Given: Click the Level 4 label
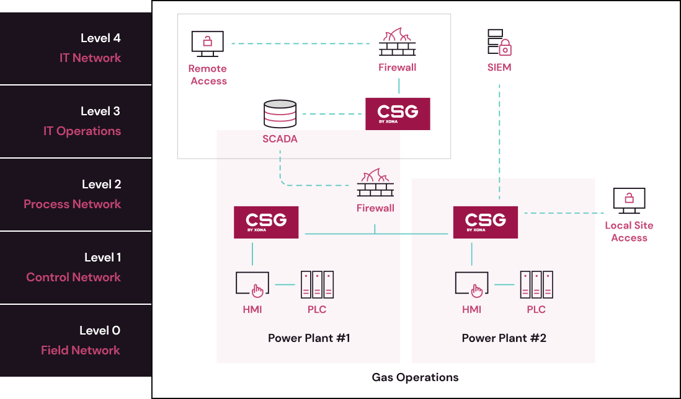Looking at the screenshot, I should click(100, 38).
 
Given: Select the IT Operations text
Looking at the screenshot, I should click(82, 131).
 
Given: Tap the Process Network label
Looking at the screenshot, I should click(72, 204).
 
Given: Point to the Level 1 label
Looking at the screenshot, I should click(102, 258).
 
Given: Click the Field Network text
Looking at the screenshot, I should click(81, 351).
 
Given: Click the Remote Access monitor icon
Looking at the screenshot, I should click(207, 44).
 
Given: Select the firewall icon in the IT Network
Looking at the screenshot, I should click(398, 42).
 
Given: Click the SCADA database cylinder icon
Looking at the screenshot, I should click(280, 114).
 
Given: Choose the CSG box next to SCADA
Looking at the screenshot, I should click(398, 113).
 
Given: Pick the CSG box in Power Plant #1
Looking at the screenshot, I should click(266, 222).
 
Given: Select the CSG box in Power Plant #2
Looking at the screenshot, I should click(485, 222).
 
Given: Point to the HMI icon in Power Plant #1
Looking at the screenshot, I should click(252, 283).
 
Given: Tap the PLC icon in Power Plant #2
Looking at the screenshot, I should click(536, 284).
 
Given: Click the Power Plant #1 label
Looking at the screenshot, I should click(309, 338).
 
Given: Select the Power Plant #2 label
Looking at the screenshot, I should click(504, 338).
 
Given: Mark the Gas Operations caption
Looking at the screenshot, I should click(415, 377).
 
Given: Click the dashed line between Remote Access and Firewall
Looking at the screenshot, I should click(304, 43).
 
